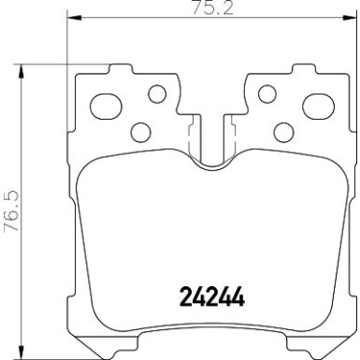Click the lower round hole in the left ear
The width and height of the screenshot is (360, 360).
pyautogui.click(x=140, y=131)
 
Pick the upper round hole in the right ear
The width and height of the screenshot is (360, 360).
pyautogui.click(x=266, y=94)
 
